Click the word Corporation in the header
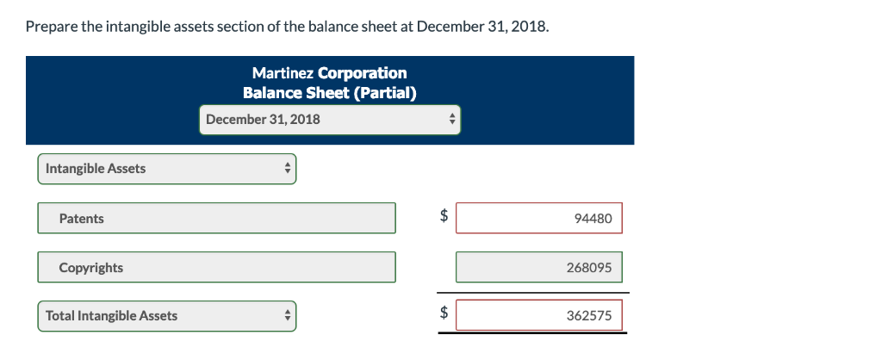click(x=363, y=73)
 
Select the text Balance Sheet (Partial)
click(x=330, y=93)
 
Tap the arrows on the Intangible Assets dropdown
click(x=287, y=169)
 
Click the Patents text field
click(x=216, y=219)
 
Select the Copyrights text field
click(x=216, y=268)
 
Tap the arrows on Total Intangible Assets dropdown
click(x=287, y=316)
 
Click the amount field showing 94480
click(x=538, y=219)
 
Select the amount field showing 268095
click(x=538, y=268)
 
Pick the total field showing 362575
click(x=538, y=316)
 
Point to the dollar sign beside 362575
click(x=444, y=315)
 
